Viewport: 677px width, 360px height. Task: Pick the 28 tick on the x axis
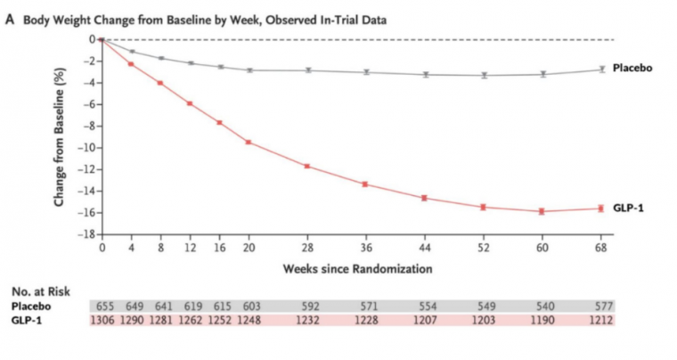307,247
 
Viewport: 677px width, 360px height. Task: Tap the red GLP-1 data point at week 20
249,142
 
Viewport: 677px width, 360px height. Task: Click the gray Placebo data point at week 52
484,75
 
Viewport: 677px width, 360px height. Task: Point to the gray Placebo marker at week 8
160,58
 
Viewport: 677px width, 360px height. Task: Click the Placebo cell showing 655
102,304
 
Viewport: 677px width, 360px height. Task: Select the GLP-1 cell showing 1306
102,319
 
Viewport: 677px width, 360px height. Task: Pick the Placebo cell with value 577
601,304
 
